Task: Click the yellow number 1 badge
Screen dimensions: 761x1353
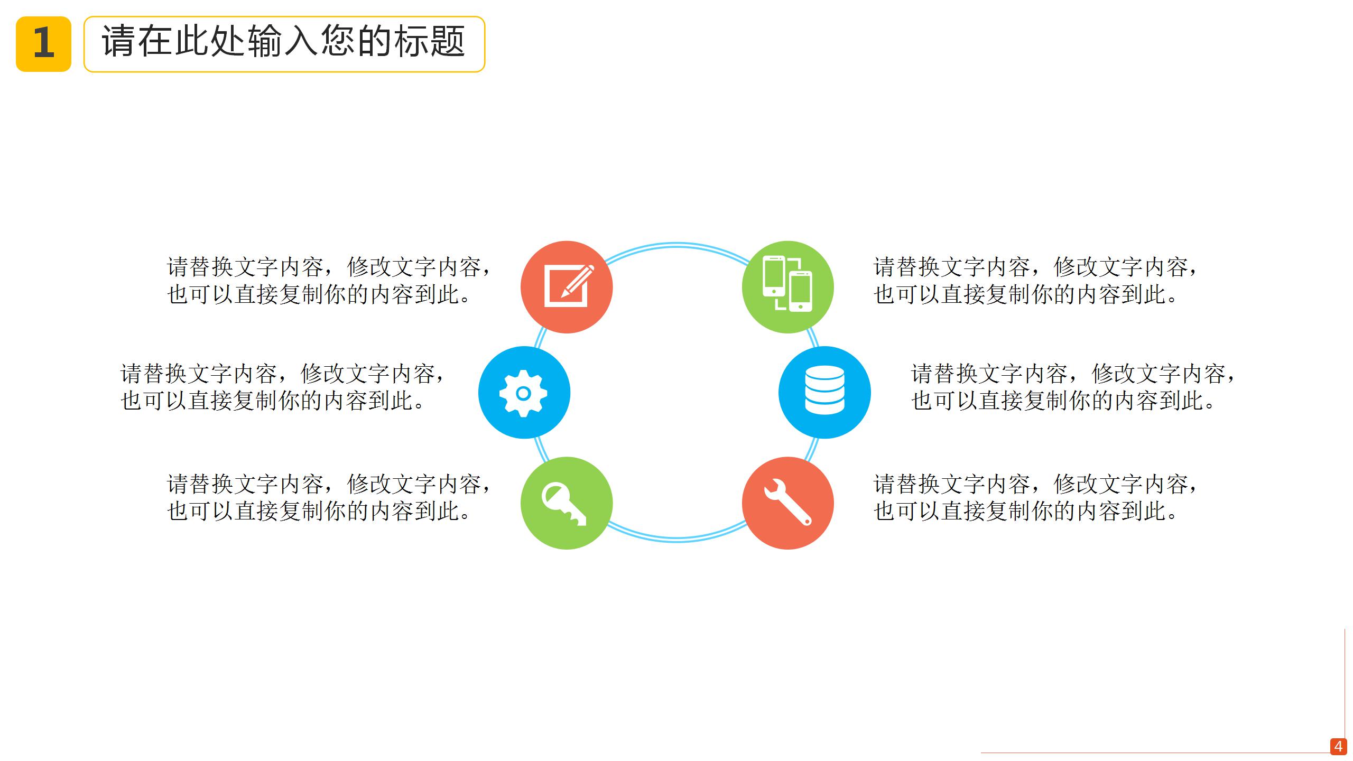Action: (x=43, y=44)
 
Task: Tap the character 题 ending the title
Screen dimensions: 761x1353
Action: (x=447, y=41)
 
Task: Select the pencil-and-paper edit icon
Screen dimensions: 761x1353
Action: (x=567, y=287)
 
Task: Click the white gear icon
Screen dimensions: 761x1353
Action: (x=523, y=393)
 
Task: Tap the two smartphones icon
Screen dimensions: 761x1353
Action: (x=787, y=284)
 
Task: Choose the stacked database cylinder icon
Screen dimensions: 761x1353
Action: (x=824, y=390)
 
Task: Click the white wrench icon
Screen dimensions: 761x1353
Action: (x=787, y=502)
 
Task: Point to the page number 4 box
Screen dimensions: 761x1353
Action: (x=1338, y=746)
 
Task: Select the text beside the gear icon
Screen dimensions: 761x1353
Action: (x=282, y=387)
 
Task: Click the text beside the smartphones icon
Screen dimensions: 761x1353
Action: (x=1035, y=281)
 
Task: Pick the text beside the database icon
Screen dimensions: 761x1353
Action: (x=1073, y=387)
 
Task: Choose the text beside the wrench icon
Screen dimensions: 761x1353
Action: (x=1035, y=497)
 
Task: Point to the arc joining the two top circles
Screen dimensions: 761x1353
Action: (x=676, y=245)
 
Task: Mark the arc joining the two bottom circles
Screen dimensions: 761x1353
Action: (x=676, y=539)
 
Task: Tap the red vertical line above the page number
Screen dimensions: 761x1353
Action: (x=1345, y=682)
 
